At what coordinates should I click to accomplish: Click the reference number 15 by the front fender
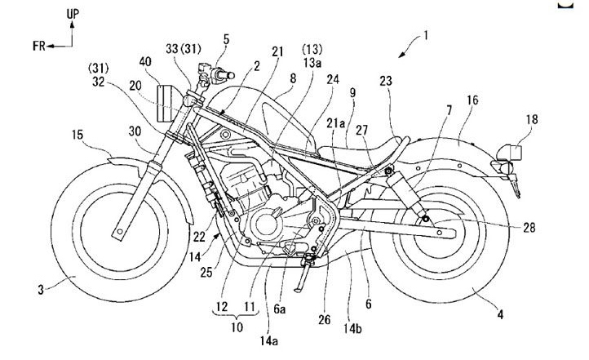coord(77,133)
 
